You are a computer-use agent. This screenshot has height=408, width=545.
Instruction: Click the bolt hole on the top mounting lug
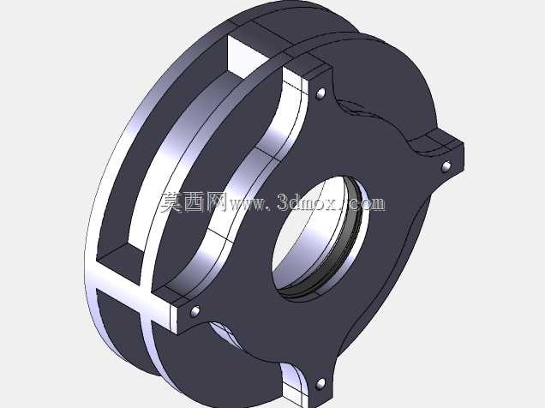(x=320, y=93)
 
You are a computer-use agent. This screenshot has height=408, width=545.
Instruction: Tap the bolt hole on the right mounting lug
(x=446, y=167)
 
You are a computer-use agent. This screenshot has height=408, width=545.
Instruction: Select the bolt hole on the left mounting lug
(x=195, y=311)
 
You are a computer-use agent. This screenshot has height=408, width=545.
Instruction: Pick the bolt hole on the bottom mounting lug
(x=320, y=384)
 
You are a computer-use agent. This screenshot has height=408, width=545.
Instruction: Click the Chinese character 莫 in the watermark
(x=171, y=202)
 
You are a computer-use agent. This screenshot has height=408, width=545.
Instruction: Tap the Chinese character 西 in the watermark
(x=195, y=202)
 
